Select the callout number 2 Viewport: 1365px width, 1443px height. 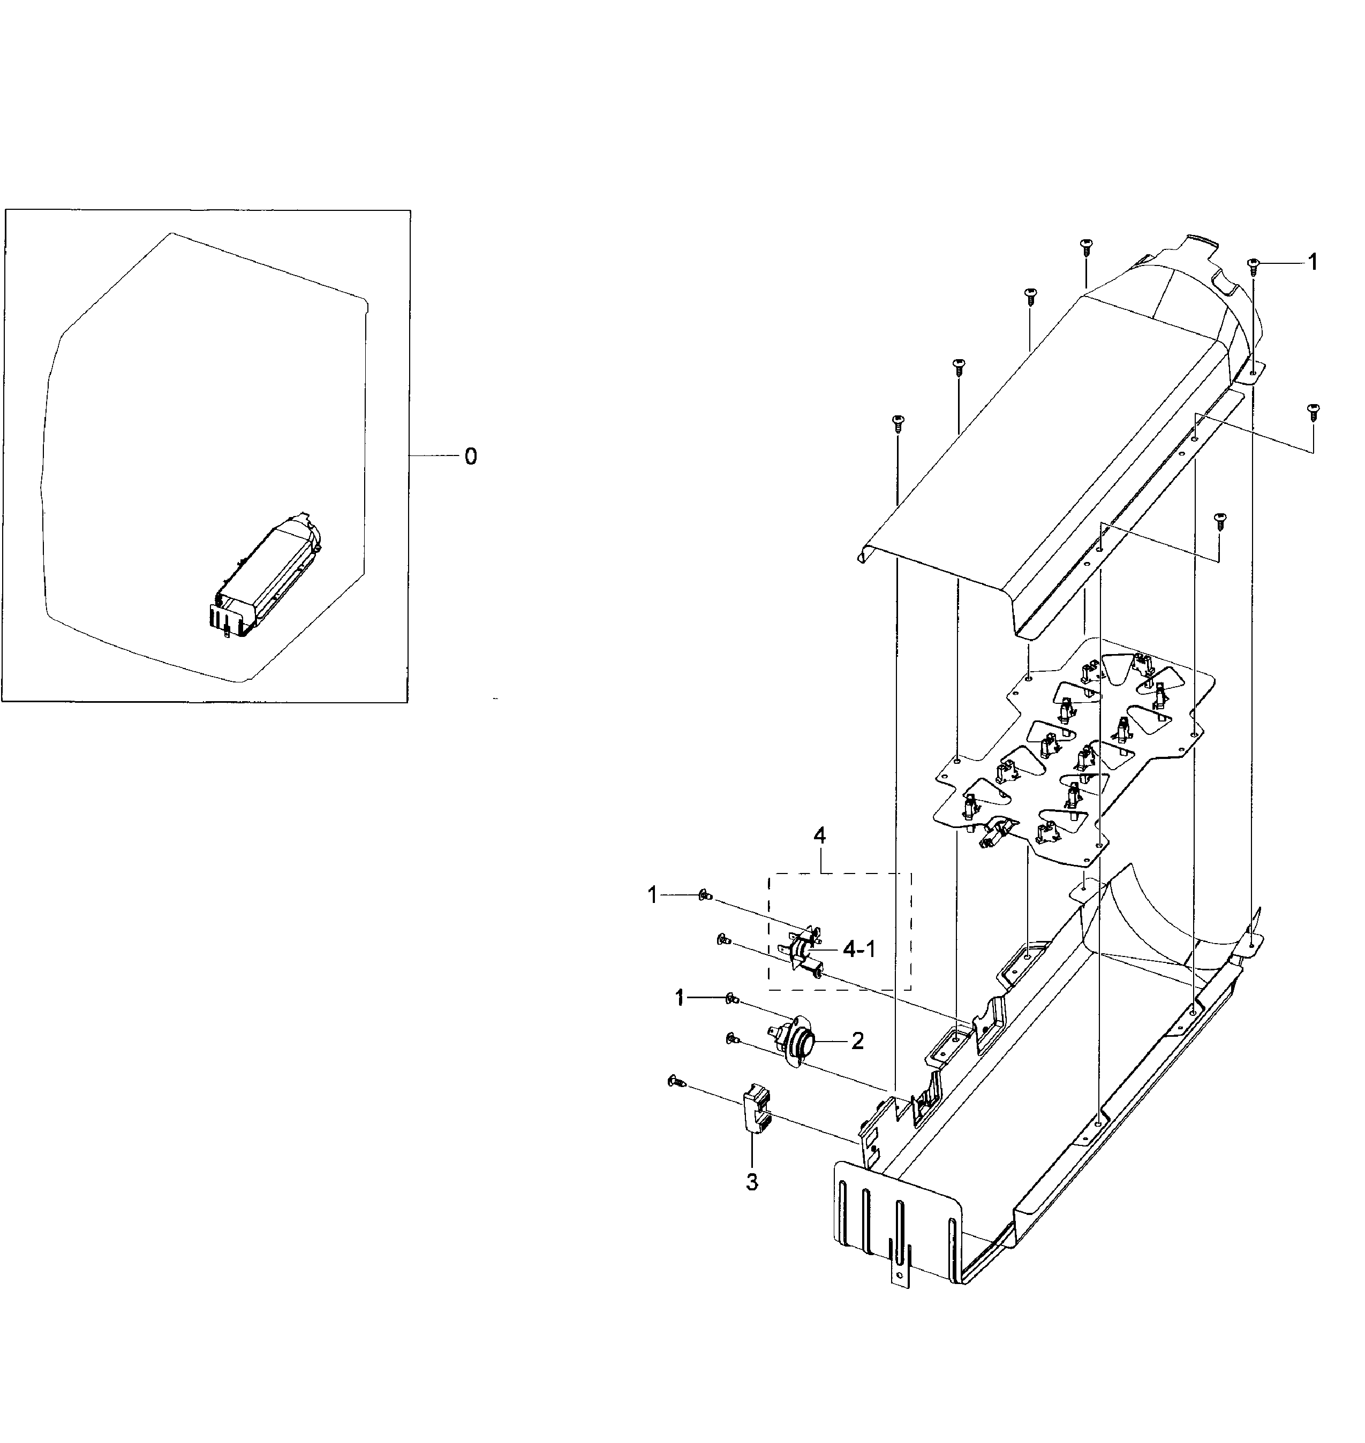(857, 1042)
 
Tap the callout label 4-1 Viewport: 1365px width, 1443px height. (859, 950)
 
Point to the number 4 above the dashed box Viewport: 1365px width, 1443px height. (819, 837)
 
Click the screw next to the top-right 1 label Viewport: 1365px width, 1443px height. (1253, 266)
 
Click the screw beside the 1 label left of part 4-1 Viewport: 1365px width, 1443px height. (704, 897)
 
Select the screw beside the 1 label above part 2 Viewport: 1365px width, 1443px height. (730, 1000)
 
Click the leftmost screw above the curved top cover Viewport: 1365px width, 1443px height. (897, 423)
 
